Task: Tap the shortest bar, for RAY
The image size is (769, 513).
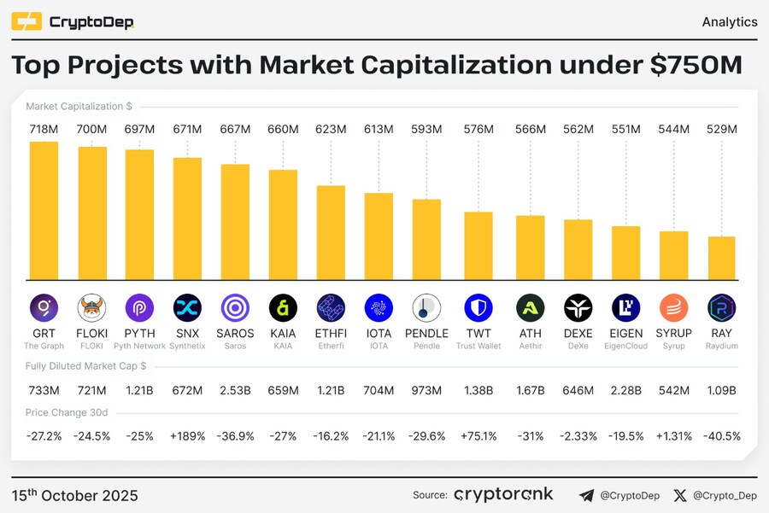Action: (721, 258)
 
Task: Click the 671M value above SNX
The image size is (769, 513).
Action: (187, 129)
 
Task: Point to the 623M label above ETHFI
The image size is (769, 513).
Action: (331, 129)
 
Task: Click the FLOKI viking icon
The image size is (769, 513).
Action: (91, 307)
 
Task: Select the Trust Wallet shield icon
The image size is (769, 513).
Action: (478, 307)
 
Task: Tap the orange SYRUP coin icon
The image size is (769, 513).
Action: (673, 307)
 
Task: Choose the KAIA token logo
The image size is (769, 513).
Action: (283, 307)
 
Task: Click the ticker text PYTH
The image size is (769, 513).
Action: (139, 334)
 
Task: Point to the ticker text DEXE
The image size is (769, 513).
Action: (578, 334)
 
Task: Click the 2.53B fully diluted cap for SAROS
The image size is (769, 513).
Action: (235, 390)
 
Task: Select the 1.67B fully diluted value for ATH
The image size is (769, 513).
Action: (531, 390)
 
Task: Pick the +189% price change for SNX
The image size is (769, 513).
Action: (187, 436)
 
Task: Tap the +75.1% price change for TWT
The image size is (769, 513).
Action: (478, 436)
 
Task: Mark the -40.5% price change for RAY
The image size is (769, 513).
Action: (721, 436)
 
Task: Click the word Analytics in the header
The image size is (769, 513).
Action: (729, 22)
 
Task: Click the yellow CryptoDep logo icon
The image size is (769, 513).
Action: (26, 21)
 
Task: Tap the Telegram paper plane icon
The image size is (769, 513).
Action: (586, 495)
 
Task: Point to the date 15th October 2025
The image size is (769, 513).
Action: (75, 496)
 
